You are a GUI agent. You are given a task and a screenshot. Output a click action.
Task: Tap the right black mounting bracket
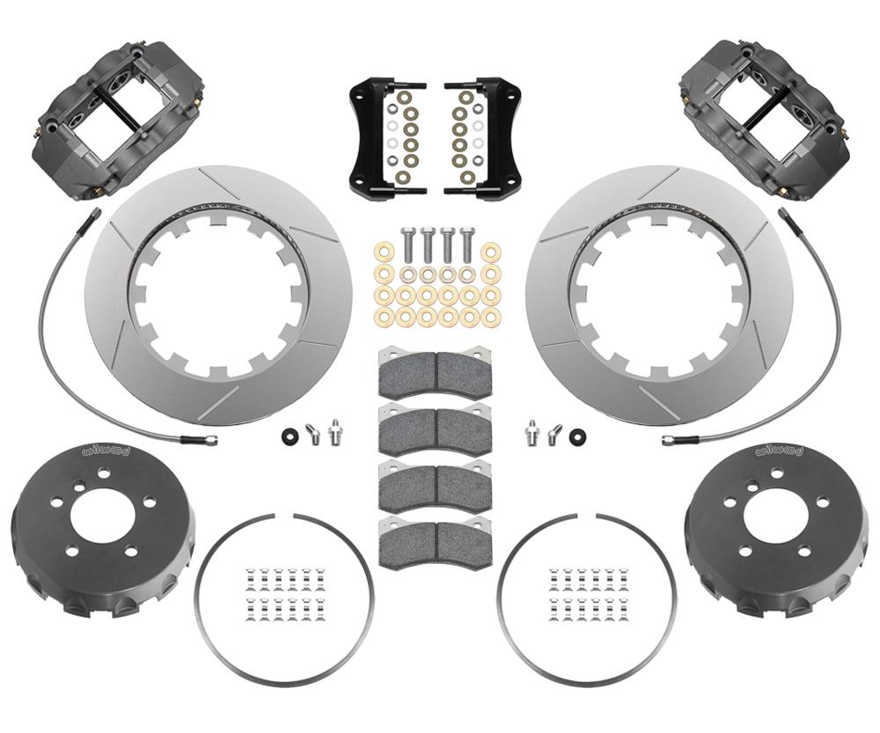[x=493, y=136]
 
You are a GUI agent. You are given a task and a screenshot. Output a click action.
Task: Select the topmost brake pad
[x=435, y=374]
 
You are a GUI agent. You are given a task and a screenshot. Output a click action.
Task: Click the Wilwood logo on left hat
[x=105, y=451]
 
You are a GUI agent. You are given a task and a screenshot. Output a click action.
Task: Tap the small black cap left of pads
[x=289, y=436]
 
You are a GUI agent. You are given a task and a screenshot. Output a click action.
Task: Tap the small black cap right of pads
[x=578, y=436]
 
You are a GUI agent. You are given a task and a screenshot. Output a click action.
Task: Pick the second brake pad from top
[x=435, y=429]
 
